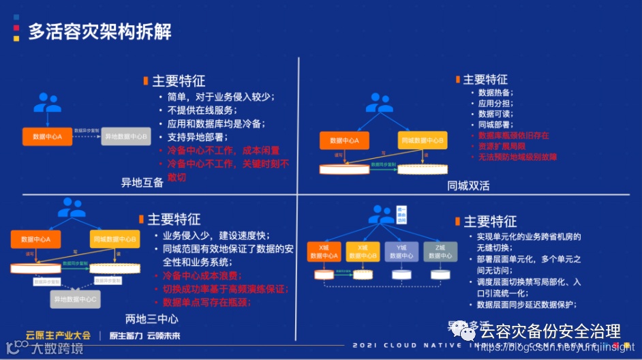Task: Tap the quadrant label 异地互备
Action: pyautogui.click(x=142, y=182)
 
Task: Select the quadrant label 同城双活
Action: pyautogui.click(x=468, y=185)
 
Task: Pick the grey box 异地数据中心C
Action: pyautogui.click(x=76, y=299)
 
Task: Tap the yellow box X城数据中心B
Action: pyautogui.click(x=363, y=251)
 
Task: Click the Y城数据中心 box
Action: pyautogui.click(x=401, y=251)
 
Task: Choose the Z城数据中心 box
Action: pyautogui.click(x=440, y=251)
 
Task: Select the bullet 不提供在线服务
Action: pyautogui.click(x=202, y=110)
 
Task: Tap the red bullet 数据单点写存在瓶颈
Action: pyautogui.click(x=209, y=301)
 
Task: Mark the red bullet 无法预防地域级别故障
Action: pyautogui.click(x=517, y=157)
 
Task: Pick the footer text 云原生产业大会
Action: pyautogui.click(x=58, y=335)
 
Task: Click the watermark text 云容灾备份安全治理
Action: pyautogui.click(x=550, y=332)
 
